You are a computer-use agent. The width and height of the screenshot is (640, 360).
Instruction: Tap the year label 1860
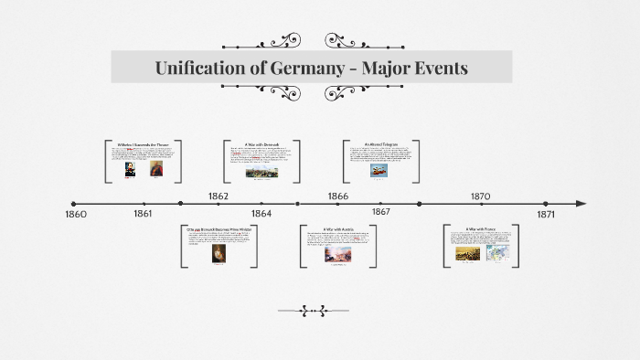tap(76, 214)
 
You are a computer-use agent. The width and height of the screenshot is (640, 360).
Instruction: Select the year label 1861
tap(143, 214)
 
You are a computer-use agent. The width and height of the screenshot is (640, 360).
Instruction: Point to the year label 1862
tap(218, 196)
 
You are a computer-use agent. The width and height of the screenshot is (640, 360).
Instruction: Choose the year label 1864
tap(261, 213)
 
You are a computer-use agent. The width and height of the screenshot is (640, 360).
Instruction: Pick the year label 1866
tap(337, 196)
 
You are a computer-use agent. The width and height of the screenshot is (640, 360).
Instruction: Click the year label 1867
tap(381, 212)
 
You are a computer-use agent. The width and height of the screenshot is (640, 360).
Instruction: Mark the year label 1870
tap(480, 196)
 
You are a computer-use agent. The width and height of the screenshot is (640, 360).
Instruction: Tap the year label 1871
tap(546, 214)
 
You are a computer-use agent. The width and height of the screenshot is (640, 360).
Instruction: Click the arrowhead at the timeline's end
tap(581, 204)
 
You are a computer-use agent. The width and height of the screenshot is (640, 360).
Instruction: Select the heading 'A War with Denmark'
tap(262, 144)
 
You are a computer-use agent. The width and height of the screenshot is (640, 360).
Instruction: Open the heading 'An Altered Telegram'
tap(381, 144)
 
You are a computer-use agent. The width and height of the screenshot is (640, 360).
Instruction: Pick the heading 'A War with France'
tap(480, 229)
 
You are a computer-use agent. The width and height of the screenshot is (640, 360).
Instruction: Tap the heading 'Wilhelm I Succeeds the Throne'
tap(144, 144)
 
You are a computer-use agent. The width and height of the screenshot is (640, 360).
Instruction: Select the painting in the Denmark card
tap(262, 171)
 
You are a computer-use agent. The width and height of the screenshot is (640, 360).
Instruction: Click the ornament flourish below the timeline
tap(314, 312)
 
